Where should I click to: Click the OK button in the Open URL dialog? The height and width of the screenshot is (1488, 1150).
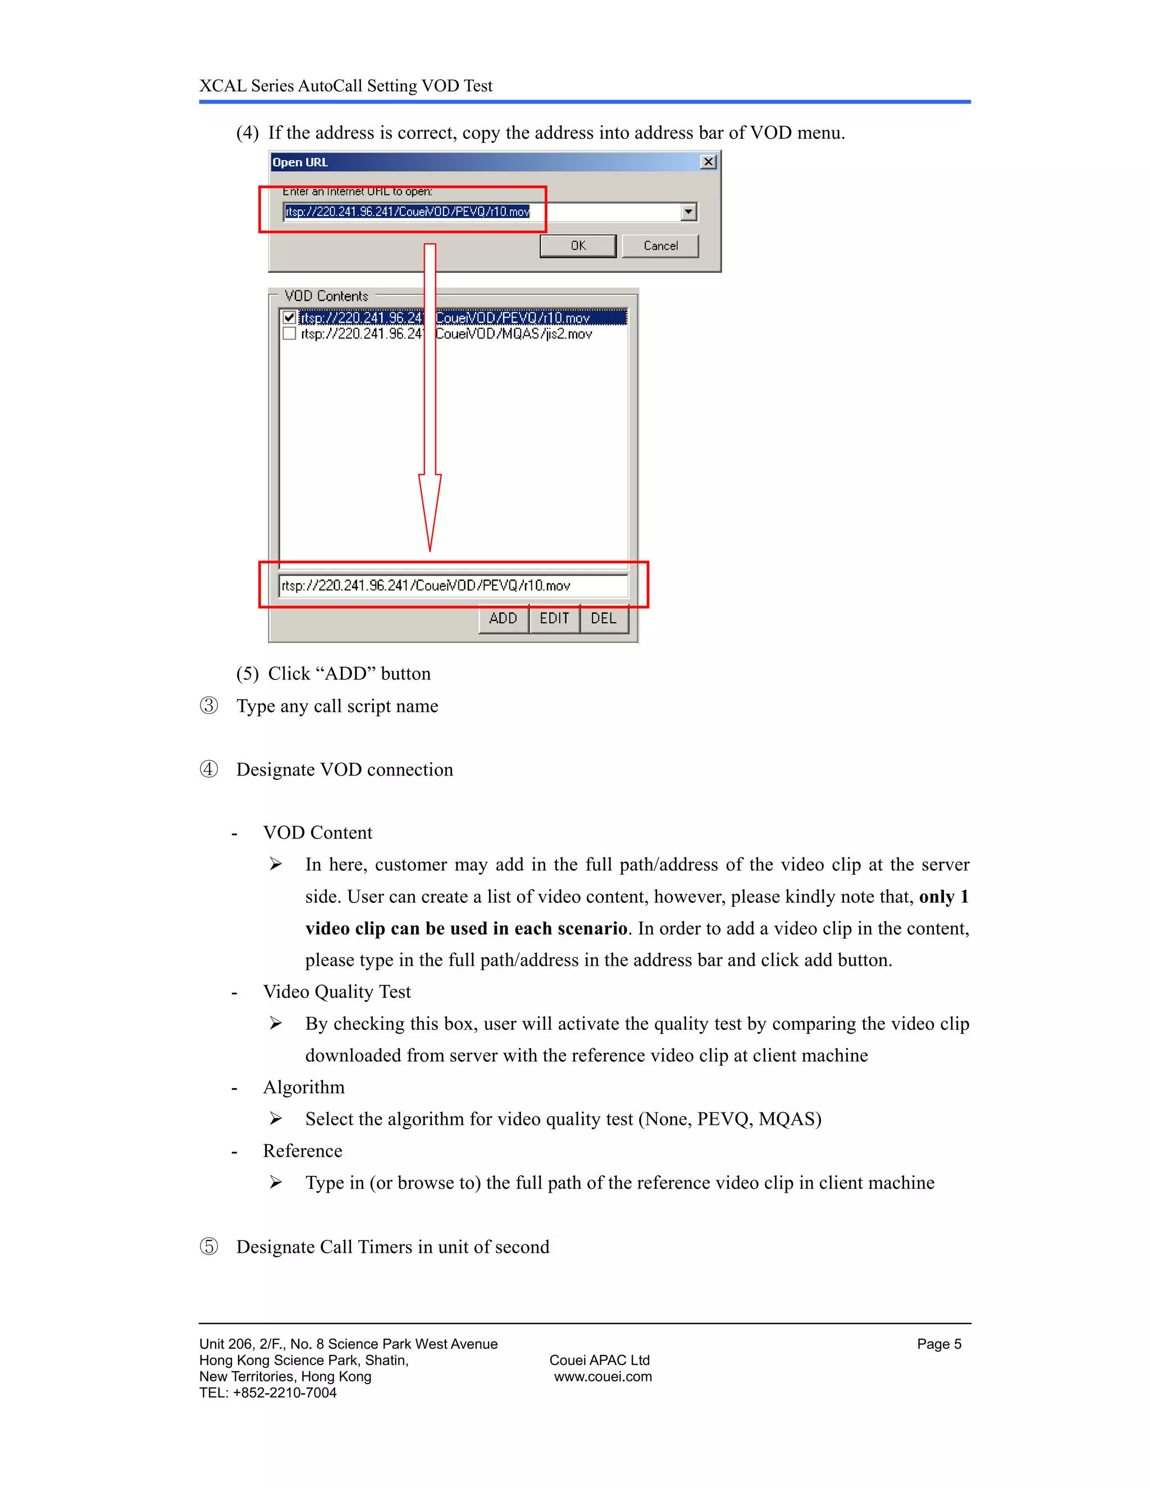[578, 246]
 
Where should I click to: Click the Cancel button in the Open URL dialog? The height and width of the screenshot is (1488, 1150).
[660, 246]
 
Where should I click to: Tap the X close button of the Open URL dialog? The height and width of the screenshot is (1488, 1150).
[709, 162]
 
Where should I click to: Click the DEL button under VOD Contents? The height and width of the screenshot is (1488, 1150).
[604, 618]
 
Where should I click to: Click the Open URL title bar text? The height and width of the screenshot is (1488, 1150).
[300, 162]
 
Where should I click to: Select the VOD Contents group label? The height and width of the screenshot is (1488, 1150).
[326, 296]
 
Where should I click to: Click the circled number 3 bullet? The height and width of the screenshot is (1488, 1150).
[208, 705]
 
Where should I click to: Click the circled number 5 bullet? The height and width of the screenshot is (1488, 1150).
[208, 1246]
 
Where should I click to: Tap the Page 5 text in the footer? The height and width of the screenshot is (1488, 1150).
[939, 1344]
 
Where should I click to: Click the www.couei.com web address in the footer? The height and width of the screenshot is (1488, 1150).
[603, 1376]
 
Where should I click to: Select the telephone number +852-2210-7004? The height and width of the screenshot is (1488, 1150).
[285, 1393]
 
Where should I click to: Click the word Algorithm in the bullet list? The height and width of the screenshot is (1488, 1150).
[304, 1087]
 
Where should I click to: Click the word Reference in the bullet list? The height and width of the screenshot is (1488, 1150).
[303, 1151]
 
